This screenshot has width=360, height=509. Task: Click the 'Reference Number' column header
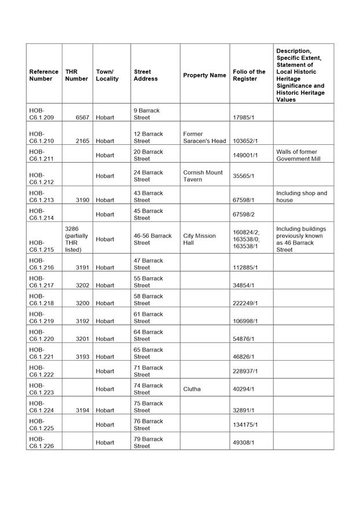click(x=44, y=75)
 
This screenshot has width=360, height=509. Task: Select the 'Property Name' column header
click(x=204, y=75)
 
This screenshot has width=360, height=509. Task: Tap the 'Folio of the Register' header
click(x=249, y=75)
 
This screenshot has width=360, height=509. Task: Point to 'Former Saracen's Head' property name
click(x=204, y=137)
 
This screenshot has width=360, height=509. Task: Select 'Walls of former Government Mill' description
click(x=297, y=155)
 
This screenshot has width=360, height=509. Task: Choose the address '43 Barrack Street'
click(x=148, y=196)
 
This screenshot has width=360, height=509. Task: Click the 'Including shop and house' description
click(x=302, y=196)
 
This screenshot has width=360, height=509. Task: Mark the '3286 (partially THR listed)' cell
click(x=76, y=239)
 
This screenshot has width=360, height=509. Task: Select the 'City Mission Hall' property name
click(x=200, y=239)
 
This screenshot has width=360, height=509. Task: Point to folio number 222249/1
click(x=245, y=303)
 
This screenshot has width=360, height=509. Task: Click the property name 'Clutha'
click(x=192, y=389)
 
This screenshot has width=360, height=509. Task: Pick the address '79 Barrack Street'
click(x=148, y=442)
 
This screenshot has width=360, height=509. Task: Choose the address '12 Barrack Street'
click(x=148, y=137)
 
